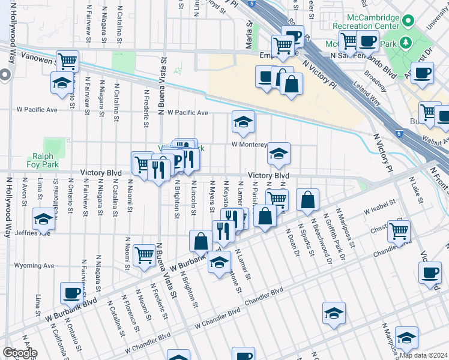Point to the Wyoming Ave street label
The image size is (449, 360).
coord(34,265)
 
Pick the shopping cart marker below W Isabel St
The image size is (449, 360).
coord(399,230)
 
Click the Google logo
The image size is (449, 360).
coord(20,353)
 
